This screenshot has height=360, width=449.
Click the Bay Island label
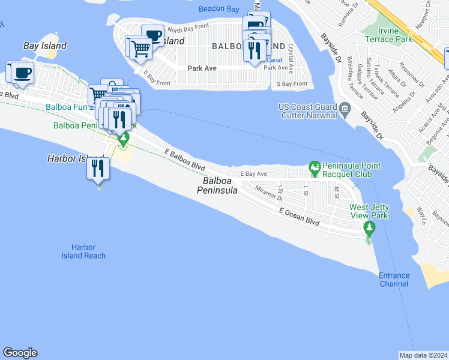coord(45,46)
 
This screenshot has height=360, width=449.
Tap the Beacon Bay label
coord(219,8)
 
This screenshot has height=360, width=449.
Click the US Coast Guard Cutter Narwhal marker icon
coord(345,108)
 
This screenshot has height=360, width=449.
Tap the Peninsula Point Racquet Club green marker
coord(313,166)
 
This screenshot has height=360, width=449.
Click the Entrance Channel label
coord(394,280)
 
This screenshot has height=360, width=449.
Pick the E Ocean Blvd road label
coord(299,217)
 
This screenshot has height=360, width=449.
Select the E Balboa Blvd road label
coord(185,160)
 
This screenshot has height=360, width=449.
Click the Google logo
coord(20,353)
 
